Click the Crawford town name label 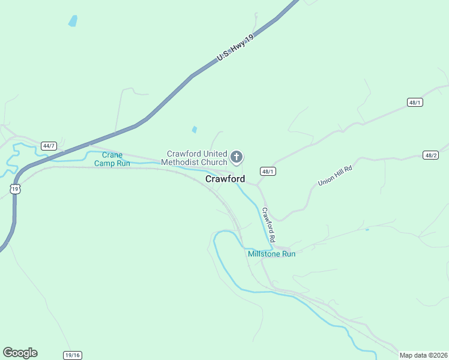225,179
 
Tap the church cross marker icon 237,158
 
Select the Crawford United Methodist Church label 197,158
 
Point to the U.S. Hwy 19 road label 237,47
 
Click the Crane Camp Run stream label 112,159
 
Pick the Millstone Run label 272,254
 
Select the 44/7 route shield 49,146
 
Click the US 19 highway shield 15,188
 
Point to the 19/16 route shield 73,355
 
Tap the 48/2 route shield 430,155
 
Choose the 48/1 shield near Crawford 268,172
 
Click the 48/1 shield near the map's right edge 415,103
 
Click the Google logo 20,353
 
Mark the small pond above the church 194,129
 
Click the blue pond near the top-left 73,21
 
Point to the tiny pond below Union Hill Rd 366,229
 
